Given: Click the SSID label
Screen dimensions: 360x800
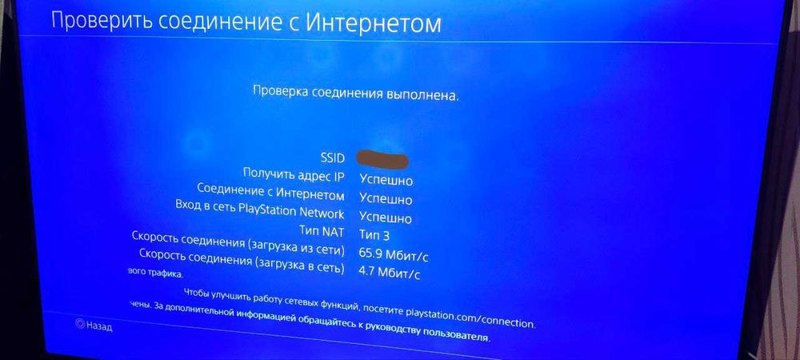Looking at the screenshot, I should (331, 158).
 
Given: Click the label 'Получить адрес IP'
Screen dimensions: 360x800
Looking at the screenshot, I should (294, 175).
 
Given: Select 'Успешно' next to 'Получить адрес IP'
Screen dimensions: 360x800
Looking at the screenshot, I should (386, 181).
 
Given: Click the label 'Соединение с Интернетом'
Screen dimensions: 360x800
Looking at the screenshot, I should (270, 194).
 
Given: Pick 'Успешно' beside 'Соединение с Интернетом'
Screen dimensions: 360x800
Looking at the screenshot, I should (386, 200).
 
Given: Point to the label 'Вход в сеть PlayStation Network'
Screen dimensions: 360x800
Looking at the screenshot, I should (259, 214).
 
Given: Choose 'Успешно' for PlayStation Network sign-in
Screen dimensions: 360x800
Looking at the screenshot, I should (386, 218).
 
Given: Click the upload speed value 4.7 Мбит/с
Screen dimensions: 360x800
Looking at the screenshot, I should (390, 274).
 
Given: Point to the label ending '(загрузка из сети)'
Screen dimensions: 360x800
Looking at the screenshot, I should (238, 246).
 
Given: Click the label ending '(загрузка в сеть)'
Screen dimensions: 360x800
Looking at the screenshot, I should (242, 266).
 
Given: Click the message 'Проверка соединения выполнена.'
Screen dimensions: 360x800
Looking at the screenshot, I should (356, 94).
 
